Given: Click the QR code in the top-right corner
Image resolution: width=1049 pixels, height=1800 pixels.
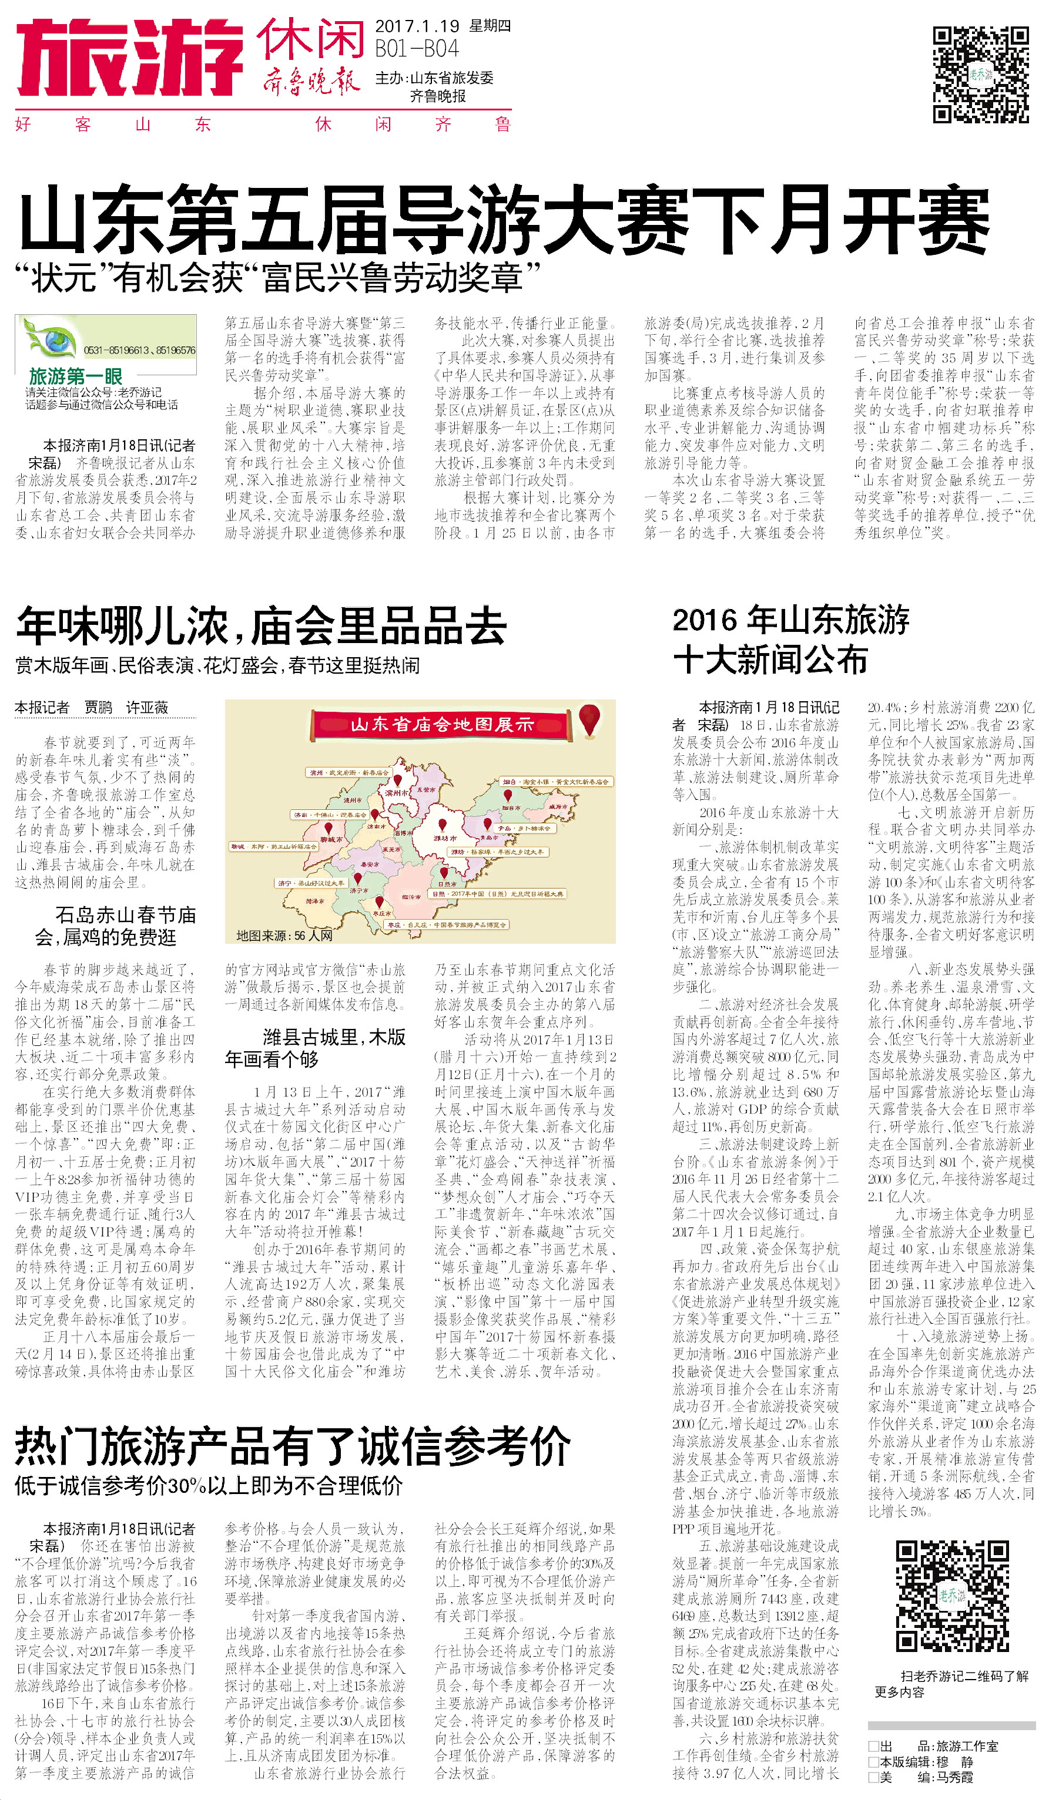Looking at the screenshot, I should click(980, 74).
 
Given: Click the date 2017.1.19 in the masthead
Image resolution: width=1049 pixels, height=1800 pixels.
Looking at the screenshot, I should click(417, 26).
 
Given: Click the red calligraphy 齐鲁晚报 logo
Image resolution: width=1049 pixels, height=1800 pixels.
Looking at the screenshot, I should click(311, 80).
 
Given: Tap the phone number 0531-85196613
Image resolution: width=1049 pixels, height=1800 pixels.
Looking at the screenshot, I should click(115, 350).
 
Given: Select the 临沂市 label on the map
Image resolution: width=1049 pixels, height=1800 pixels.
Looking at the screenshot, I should click(411, 896).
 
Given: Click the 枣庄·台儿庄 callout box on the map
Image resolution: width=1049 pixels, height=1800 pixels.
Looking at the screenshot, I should click(446, 925).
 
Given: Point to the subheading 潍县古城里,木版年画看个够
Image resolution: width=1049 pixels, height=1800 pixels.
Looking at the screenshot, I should click(315, 1048).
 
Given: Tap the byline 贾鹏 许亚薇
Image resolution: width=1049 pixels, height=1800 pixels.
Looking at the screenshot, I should click(126, 707).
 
